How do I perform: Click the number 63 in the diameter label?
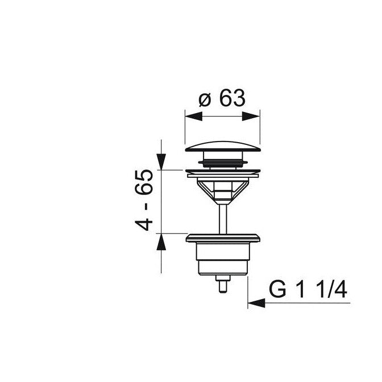[x=232, y=98]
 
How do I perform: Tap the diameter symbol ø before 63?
[x=205, y=100]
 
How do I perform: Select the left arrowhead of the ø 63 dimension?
[x=194, y=117]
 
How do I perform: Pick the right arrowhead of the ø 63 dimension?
[x=251, y=117]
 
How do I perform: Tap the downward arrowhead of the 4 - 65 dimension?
[x=161, y=161]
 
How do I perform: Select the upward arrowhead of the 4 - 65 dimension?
[x=161, y=242]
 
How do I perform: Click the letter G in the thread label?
[x=277, y=289]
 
